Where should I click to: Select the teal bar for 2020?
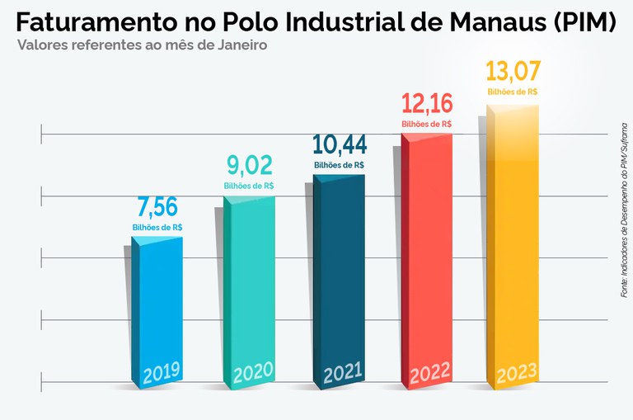(248, 281)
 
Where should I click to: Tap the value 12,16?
(426, 104)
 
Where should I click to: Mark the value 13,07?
(513, 69)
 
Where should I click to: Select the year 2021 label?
(342, 374)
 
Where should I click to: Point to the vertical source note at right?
(624, 210)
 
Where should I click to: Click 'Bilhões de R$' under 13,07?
(513, 92)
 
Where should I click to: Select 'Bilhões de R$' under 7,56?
(157, 227)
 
